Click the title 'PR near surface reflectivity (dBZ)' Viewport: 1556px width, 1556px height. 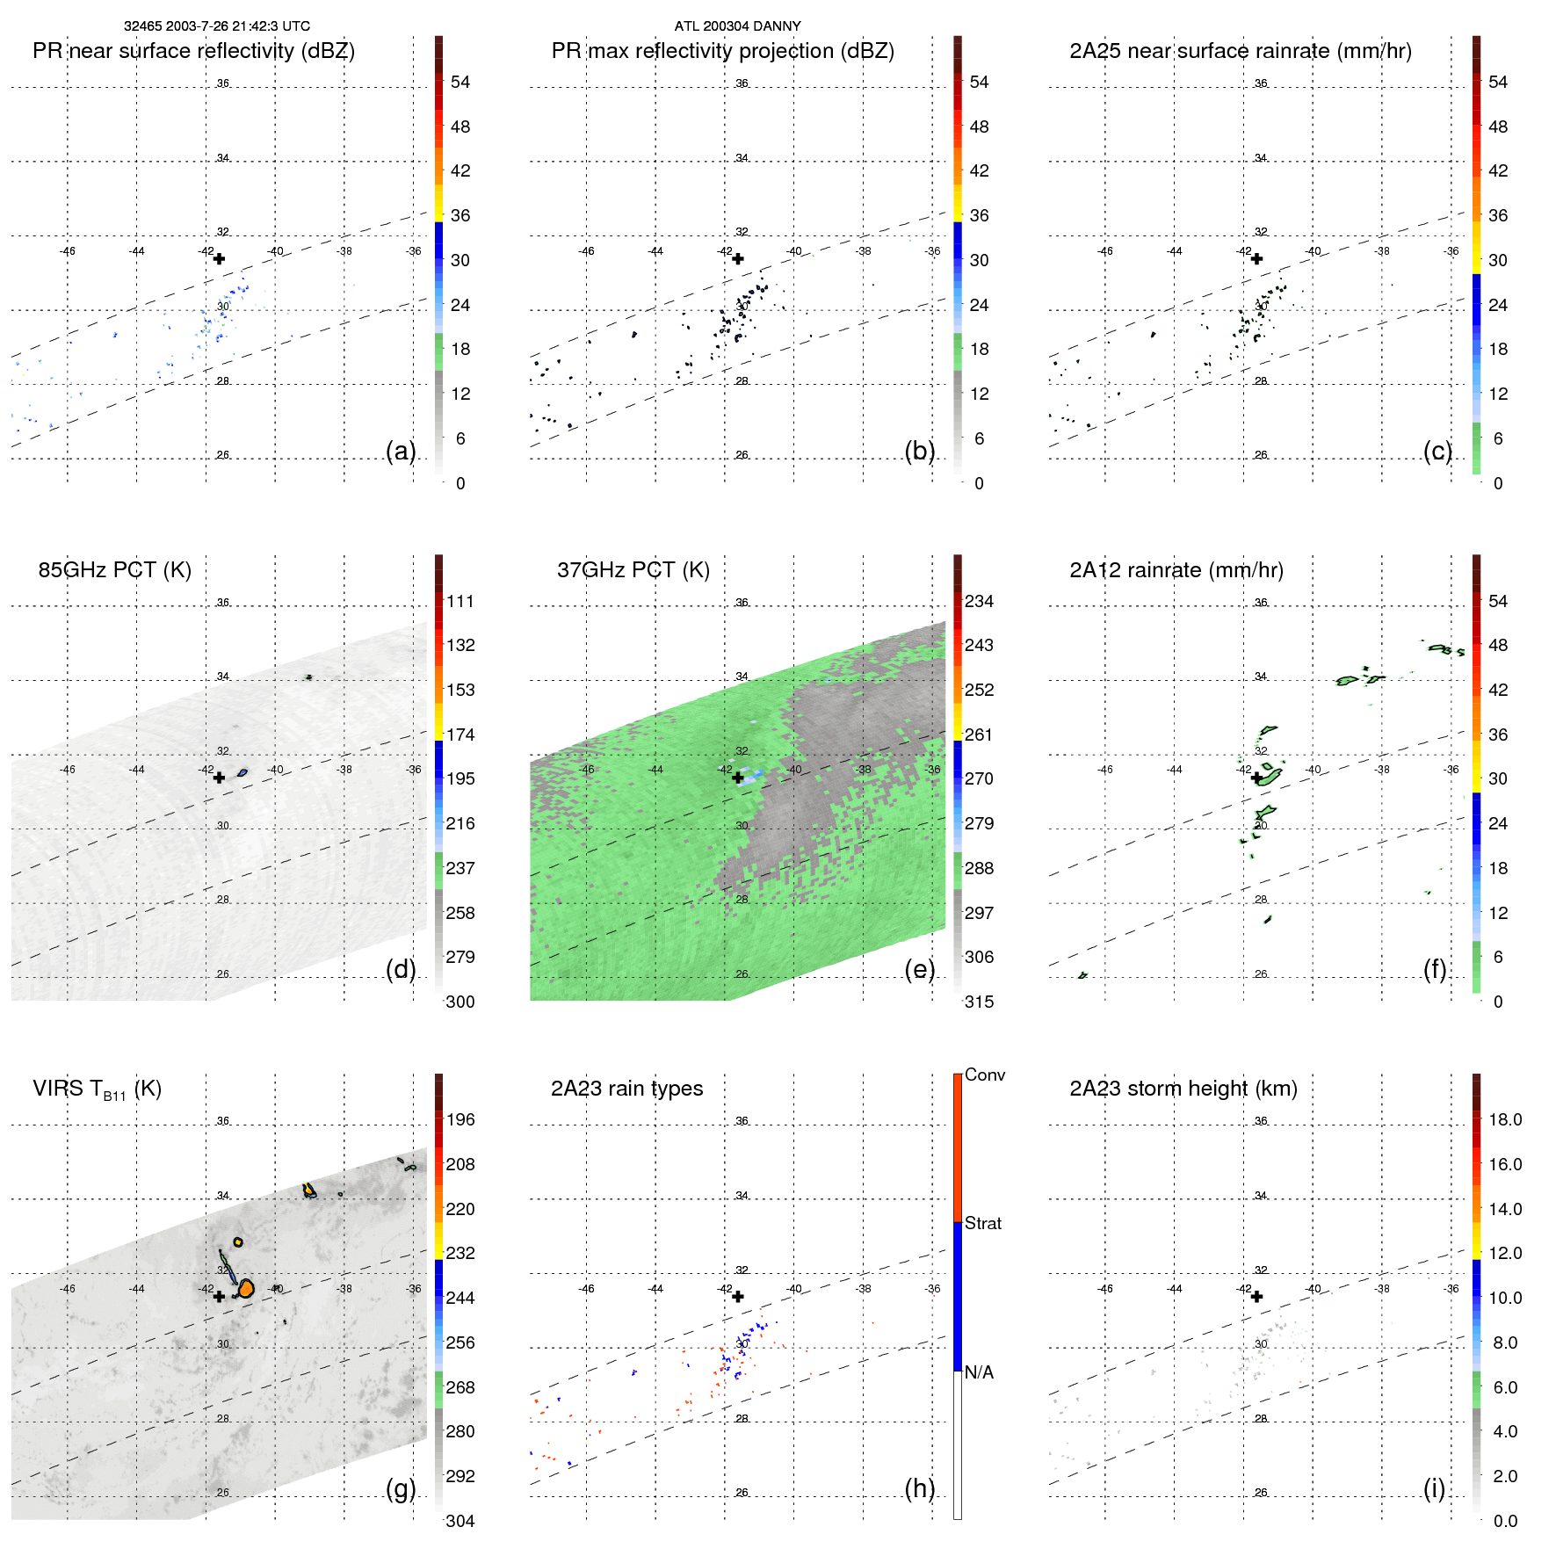pyautogui.click(x=193, y=51)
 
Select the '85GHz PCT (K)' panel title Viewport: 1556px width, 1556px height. pyautogui.click(x=114, y=570)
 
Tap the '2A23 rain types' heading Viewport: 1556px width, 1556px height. pyautogui.click(x=626, y=1089)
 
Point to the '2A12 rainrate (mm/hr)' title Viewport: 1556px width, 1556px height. pyautogui.click(x=1176, y=570)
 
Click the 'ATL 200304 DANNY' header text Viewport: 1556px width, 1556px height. pyautogui.click(x=737, y=26)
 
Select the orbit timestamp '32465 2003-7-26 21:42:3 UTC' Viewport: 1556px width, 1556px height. pyautogui.click(x=216, y=26)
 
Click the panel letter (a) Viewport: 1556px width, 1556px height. pyautogui.click(x=401, y=451)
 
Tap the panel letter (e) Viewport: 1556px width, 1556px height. pyautogui.click(x=919, y=969)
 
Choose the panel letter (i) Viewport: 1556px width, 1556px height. pyautogui.click(x=1434, y=1488)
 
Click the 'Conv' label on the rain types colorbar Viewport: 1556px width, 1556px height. pyautogui.click(x=984, y=1075)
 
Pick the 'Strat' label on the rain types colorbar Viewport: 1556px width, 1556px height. pyautogui.click(x=982, y=1224)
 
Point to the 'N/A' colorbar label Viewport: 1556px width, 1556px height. pyautogui.click(x=979, y=1372)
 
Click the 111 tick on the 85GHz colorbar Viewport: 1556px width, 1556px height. pyautogui.click(x=460, y=602)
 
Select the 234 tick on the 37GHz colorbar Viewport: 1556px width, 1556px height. pyautogui.click(x=979, y=602)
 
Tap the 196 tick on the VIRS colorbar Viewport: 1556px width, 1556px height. pyautogui.click(x=460, y=1120)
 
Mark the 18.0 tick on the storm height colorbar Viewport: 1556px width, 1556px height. pyautogui.click(x=1504, y=1120)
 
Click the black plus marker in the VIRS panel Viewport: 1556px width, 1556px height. pyautogui.click(x=219, y=1296)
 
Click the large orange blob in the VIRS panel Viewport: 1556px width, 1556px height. pyautogui.click(x=246, y=1289)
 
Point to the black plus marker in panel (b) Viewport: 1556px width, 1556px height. pyautogui.click(x=738, y=258)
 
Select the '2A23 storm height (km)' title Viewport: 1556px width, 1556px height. pyautogui.click(x=1183, y=1089)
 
